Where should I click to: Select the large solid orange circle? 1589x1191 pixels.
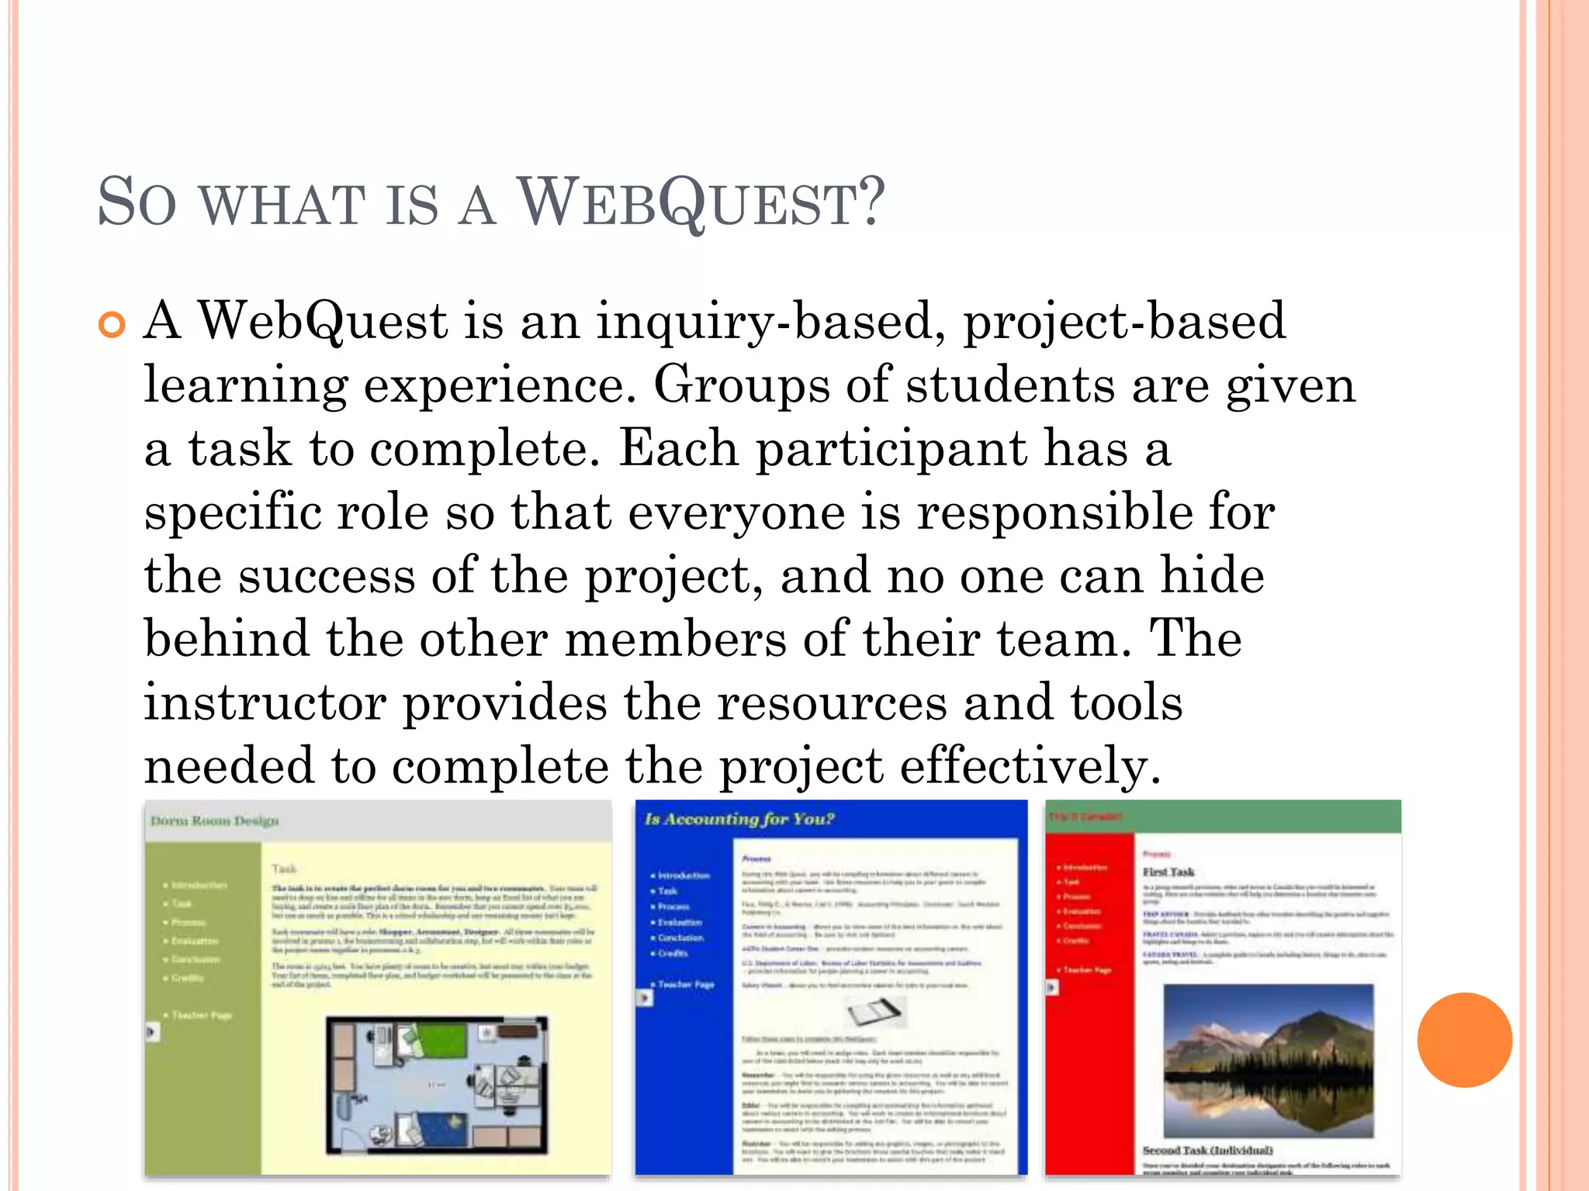pos(1464,1040)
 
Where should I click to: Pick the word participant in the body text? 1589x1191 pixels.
pos(891,448)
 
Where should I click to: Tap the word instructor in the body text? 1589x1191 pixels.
pos(265,703)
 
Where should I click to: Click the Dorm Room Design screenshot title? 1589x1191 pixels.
pos(214,821)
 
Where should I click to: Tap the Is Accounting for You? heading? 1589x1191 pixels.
pos(739,819)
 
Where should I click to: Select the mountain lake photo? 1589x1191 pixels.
pos(1268,1061)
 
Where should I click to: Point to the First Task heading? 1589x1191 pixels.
pos(1168,872)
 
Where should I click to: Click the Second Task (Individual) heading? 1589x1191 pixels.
pos(1207,1150)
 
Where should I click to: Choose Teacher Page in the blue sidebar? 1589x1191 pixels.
pos(686,984)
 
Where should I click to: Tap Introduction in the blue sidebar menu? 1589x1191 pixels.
pos(684,875)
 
